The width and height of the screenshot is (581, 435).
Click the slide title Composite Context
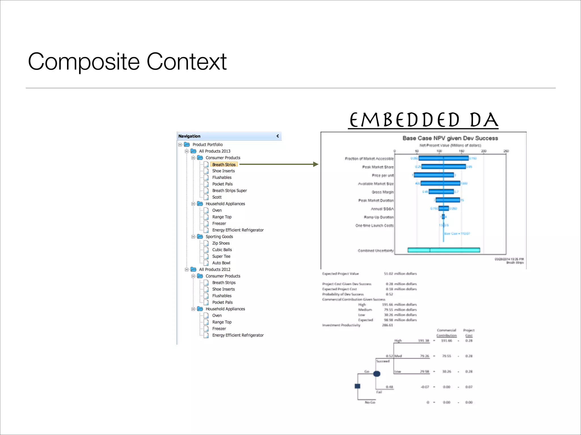pos(127,61)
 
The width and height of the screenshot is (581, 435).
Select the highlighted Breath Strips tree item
pos(224,165)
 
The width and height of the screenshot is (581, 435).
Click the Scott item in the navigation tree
pos(217,197)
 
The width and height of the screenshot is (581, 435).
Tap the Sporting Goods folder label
pos(219,236)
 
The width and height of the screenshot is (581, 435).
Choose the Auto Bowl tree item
pos(221,263)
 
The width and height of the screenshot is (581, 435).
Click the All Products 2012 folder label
pos(214,269)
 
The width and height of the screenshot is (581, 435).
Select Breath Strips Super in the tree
pos(229,191)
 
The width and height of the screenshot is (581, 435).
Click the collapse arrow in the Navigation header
pos(277,136)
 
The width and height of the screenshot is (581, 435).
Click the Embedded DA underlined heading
pos(423,120)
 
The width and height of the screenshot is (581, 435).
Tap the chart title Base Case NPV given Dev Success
pos(450,138)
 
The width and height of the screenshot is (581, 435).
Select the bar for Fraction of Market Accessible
pos(443,158)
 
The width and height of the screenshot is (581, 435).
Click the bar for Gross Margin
pos(441,192)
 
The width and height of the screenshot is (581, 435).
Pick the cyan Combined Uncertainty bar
pos(444,250)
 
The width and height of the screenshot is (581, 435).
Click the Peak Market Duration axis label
pos(376,201)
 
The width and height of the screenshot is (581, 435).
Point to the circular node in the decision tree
pos(377,374)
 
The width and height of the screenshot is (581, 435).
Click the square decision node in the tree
pos(357,386)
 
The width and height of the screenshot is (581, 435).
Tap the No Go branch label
pos(370,402)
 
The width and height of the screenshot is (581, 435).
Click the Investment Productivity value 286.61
pos(388,325)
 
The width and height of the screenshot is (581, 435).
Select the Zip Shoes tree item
pos(221,243)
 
